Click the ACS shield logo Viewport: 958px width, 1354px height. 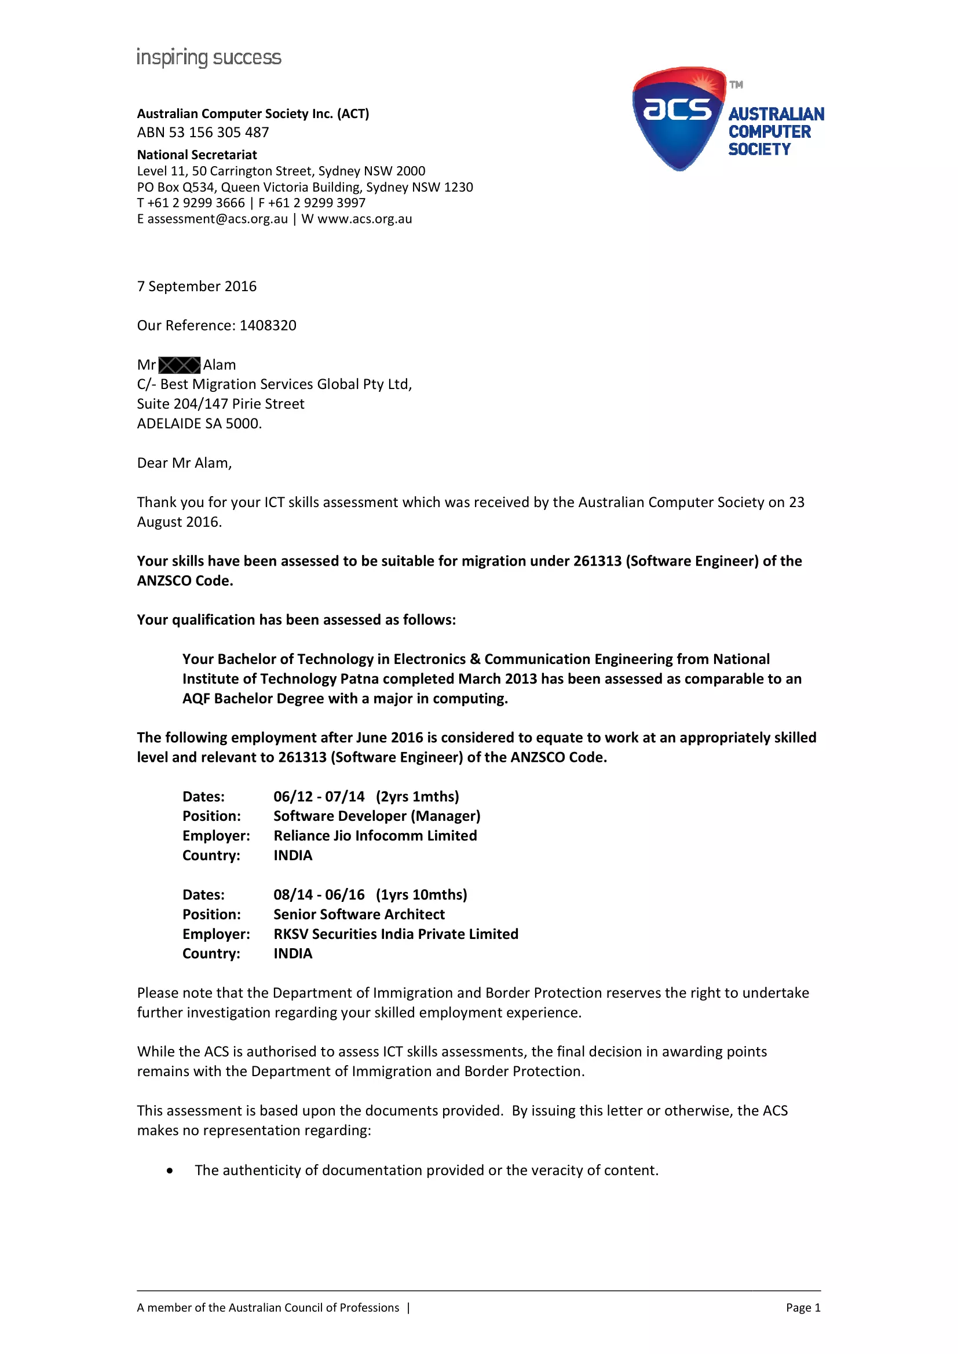(678, 118)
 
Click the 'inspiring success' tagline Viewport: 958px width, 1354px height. (209, 58)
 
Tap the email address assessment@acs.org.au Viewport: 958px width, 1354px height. (218, 219)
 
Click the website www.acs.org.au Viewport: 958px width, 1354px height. (364, 219)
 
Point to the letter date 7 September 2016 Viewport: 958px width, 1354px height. (196, 286)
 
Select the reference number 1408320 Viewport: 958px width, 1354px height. (268, 325)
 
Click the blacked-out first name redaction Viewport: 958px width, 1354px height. (180, 365)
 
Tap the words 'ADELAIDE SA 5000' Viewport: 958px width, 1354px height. (199, 423)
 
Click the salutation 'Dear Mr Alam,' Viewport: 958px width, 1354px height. (184, 463)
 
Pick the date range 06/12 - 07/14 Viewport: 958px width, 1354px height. (319, 797)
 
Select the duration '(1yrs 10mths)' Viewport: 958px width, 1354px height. (421, 894)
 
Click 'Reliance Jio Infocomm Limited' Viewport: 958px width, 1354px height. (375, 836)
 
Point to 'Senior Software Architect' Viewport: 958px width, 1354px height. (359, 915)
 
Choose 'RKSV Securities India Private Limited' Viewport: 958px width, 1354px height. (396, 934)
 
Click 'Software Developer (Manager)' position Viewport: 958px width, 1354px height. (377, 816)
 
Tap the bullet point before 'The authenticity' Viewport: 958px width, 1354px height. (170, 1170)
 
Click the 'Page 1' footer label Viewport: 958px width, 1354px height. (803, 1308)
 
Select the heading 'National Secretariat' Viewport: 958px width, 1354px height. (197, 155)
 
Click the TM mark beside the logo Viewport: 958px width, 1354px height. (736, 85)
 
